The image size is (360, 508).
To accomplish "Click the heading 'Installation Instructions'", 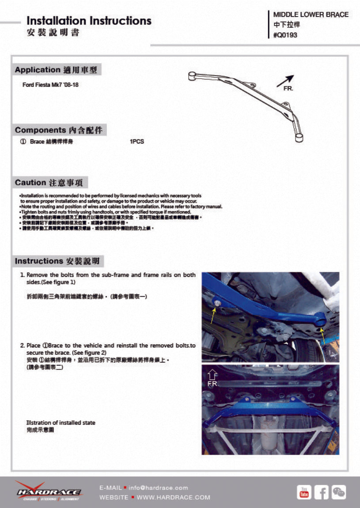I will click(x=89, y=21).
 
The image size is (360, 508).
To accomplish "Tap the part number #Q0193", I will click(x=285, y=35).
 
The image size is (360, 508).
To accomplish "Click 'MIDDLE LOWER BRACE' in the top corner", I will click(x=311, y=15).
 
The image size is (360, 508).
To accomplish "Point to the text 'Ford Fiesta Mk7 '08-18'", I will click(x=50, y=84).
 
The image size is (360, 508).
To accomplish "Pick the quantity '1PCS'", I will click(x=137, y=142).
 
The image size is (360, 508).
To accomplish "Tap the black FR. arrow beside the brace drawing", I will click(x=285, y=80).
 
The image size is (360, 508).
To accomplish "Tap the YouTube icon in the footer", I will click(x=304, y=492).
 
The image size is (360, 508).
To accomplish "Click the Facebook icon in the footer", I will click(x=322, y=492).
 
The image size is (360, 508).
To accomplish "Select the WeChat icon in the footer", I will click(x=339, y=492).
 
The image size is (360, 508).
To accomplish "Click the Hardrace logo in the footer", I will click(x=49, y=491).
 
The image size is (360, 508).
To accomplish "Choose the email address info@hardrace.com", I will click(x=159, y=488).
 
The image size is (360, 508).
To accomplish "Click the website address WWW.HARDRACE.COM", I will click(x=174, y=497).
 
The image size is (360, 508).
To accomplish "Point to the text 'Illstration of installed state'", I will click(x=61, y=422).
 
